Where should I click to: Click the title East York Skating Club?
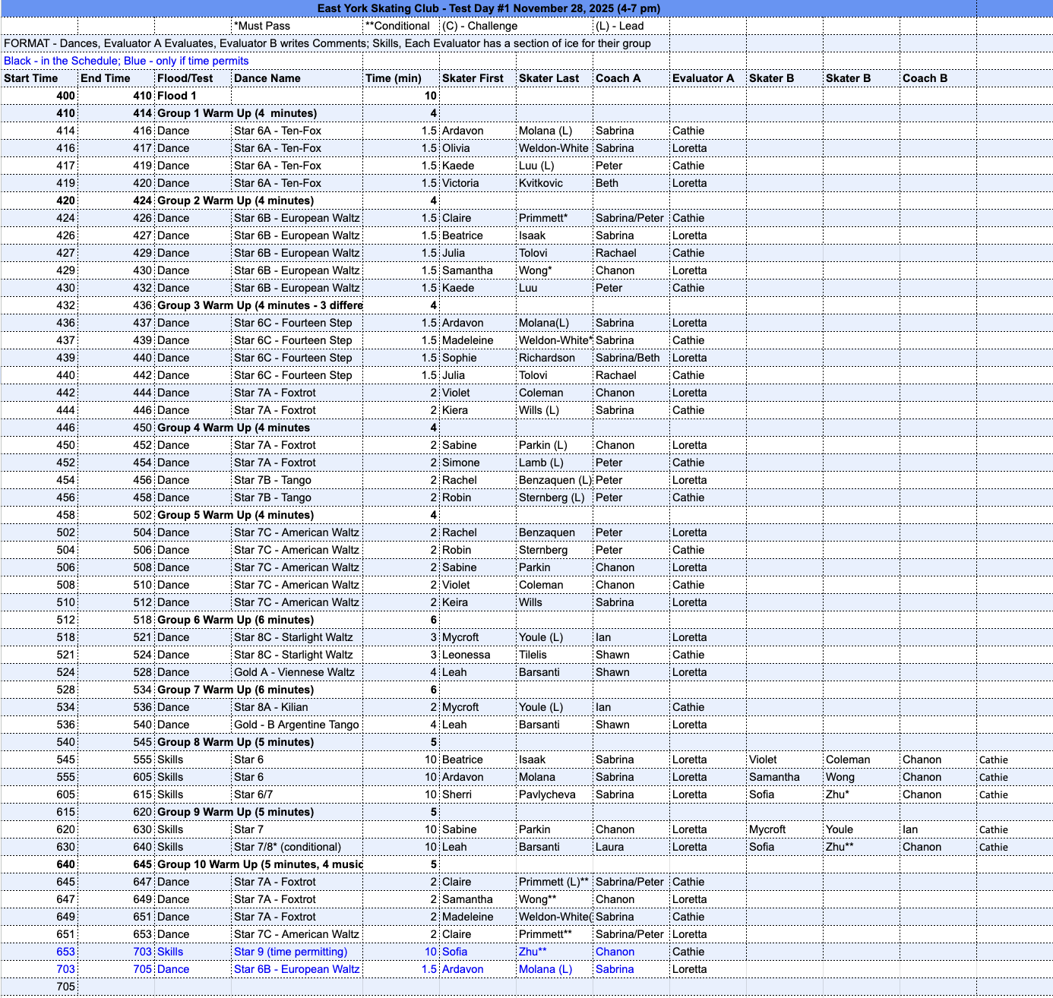pos(489,8)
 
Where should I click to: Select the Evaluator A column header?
pos(703,78)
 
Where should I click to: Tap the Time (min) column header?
pos(393,78)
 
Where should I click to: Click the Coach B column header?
pos(925,78)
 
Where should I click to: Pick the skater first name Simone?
pos(460,463)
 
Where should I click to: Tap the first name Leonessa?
pos(466,655)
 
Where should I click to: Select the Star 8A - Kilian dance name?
pos(271,707)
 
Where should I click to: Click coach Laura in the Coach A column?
pos(609,847)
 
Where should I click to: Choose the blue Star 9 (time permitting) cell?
pos(290,952)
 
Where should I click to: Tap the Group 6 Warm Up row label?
pos(235,620)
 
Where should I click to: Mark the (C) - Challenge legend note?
pos(479,26)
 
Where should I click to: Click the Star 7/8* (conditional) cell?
pos(287,847)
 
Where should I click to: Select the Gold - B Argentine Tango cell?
pos(296,725)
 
